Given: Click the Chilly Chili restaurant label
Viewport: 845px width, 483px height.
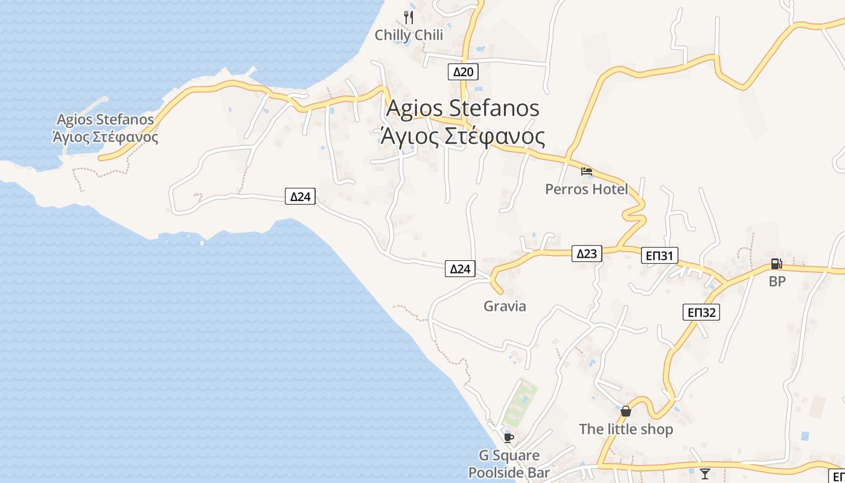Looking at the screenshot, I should (409, 35).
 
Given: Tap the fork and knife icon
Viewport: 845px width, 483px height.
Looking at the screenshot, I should (409, 17).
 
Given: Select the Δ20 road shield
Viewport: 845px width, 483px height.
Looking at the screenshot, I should (463, 72).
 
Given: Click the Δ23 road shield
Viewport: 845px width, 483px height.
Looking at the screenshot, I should (587, 254).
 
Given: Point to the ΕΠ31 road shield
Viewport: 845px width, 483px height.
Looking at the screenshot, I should (659, 255).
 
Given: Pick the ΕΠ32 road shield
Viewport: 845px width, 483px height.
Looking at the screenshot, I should (701, 312).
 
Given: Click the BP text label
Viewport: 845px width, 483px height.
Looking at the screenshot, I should (777, 281).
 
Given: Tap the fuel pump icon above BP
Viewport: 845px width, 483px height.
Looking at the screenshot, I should (776, 264).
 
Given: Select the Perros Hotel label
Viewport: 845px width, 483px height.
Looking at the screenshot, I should (586, 189).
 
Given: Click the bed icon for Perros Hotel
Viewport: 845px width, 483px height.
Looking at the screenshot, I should (586, 171).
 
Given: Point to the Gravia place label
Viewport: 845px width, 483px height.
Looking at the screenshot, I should (505, 306).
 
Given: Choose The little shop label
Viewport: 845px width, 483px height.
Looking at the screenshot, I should (626, 429).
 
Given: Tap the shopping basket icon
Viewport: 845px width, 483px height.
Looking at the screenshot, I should (626, 411).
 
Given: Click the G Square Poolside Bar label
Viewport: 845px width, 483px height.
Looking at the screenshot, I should (509, 464).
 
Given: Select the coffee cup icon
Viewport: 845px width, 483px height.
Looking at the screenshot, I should (508, 437).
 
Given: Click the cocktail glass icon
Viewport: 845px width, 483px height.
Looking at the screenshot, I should (704, 473).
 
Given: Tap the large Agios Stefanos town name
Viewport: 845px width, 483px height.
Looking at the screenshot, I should (462, 108).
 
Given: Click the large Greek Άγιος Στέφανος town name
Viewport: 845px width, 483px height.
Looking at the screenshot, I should (462, 136).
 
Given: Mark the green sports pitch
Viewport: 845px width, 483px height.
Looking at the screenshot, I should (520, 403).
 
